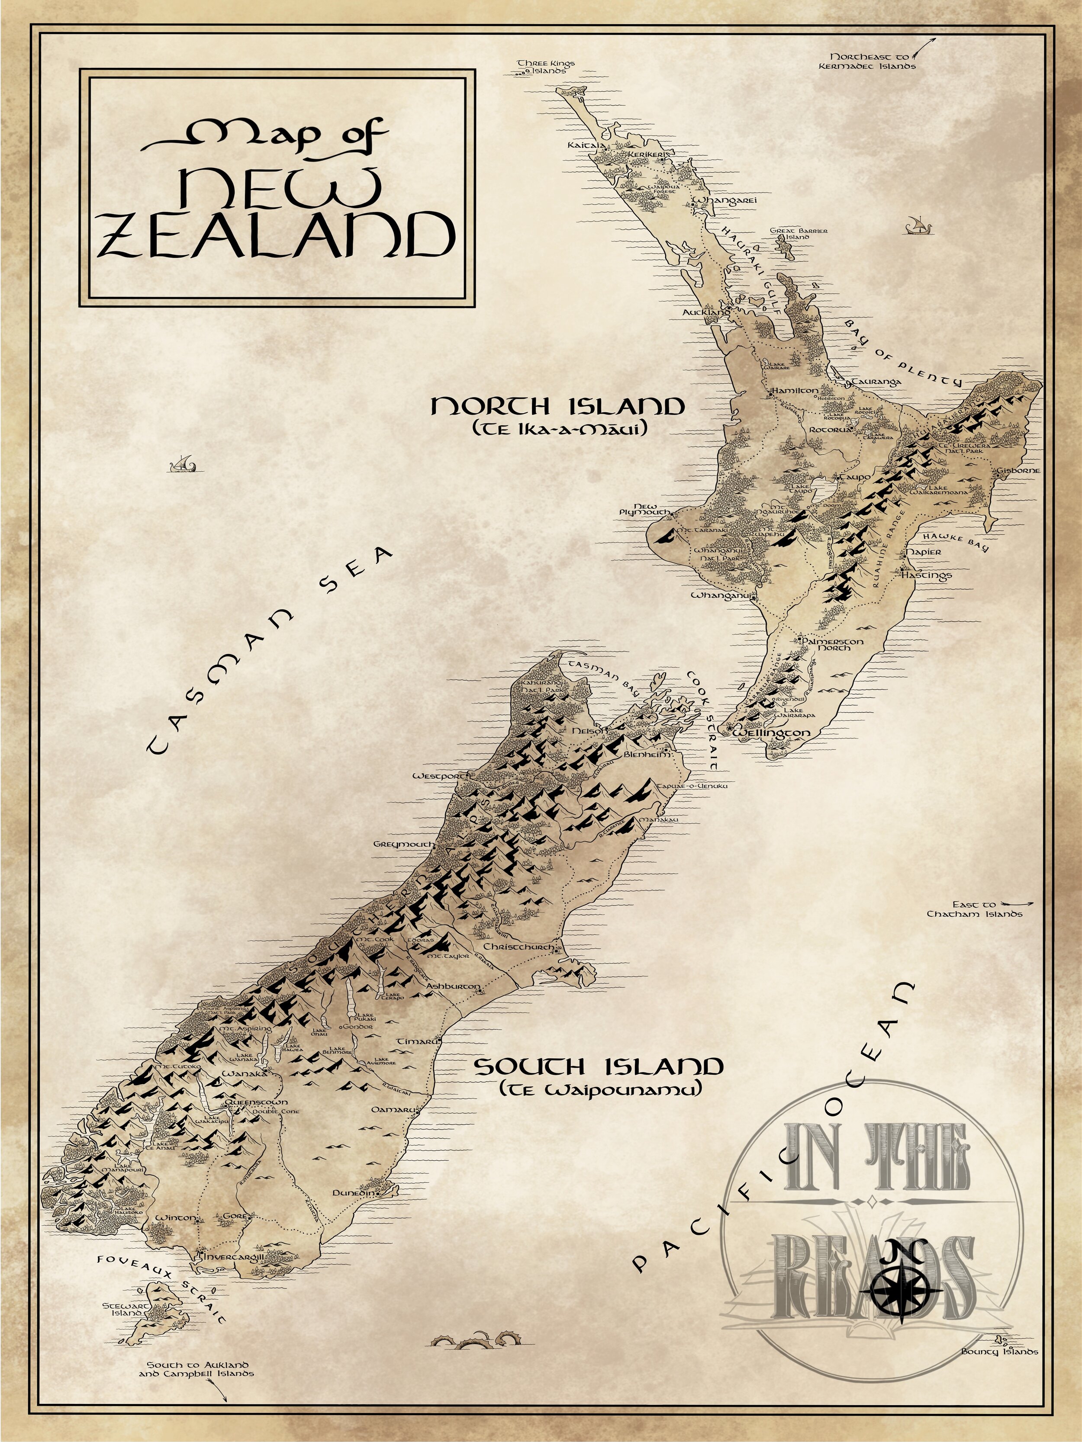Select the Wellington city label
(x=772, y=733)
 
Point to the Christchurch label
(x=518, y=947)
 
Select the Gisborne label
(x=1018, y=470)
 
